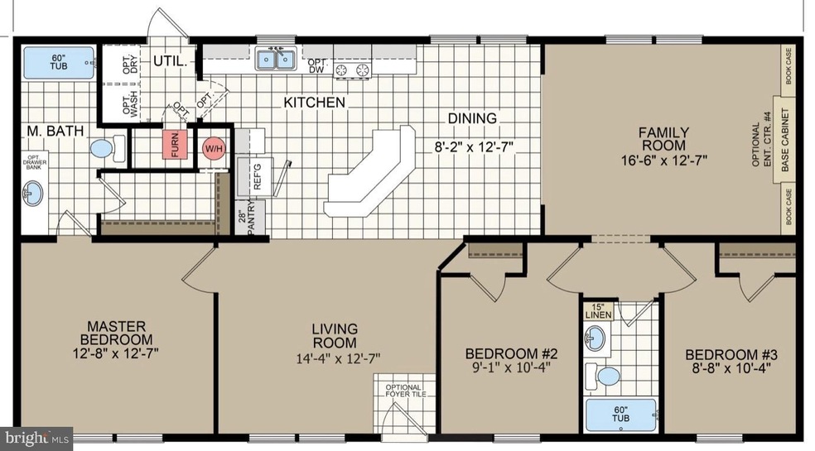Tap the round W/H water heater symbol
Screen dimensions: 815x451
[213, 149]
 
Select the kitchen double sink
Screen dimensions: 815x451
[275, 59]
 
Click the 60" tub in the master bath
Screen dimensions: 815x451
[59, 63]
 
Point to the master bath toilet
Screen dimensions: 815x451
[108, 149]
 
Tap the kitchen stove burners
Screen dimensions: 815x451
[351, 70]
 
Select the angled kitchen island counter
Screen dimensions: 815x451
[369, 171]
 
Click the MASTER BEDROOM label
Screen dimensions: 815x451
[116, 333]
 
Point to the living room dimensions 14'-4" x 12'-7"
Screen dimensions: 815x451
[339, 358]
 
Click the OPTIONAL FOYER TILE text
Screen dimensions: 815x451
[405, 391]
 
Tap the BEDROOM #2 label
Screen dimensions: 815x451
[511, 354]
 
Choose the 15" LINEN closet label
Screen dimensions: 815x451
[598, 310]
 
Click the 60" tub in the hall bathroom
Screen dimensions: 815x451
[620, 414]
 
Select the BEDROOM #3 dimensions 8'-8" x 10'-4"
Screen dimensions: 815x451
[731, 368]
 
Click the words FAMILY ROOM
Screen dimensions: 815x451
[663, 139]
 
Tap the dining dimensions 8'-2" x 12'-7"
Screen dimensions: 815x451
[474, 147]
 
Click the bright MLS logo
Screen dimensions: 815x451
[36, 439]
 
